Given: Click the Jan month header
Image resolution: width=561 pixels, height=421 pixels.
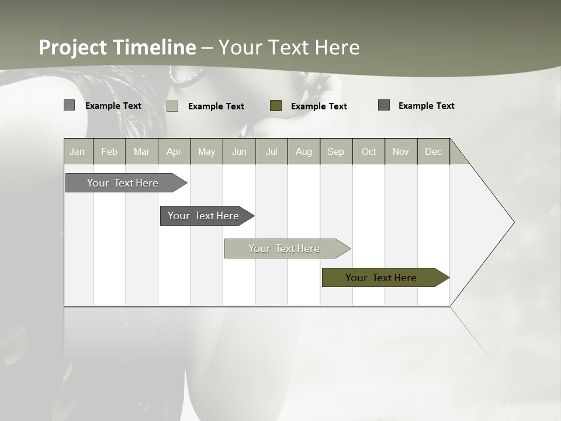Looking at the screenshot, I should pos(77,151).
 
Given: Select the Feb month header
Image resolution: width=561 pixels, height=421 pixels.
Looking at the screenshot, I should pos(109,151).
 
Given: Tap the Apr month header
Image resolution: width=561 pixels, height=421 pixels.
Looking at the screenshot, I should pos(174,151).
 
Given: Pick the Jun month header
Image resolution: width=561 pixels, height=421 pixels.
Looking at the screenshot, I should pos(239,151).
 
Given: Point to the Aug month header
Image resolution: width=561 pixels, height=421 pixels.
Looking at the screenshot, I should pos(304,151).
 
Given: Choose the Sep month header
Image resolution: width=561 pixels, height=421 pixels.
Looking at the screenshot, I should pos(336,151).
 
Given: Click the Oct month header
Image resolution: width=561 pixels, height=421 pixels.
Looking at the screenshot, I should pos(369,151).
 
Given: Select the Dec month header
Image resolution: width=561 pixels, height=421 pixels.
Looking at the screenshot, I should pos(434,151).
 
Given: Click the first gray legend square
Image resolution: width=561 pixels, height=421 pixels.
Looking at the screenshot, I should pos(70,105).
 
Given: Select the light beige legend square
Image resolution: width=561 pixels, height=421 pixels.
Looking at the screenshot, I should pos(172,106).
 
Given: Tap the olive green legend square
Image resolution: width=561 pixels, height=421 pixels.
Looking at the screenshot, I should pos(276,106).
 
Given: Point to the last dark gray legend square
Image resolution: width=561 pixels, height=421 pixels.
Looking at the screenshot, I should pos(384,105).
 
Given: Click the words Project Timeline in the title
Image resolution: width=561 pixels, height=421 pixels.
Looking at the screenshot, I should pos(117,47).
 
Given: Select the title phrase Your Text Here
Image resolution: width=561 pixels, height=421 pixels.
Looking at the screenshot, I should pos(289,47).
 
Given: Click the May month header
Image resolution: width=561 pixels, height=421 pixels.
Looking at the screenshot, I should pos(206,151).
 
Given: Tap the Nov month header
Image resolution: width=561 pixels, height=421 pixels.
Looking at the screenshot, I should pos(401,151).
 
